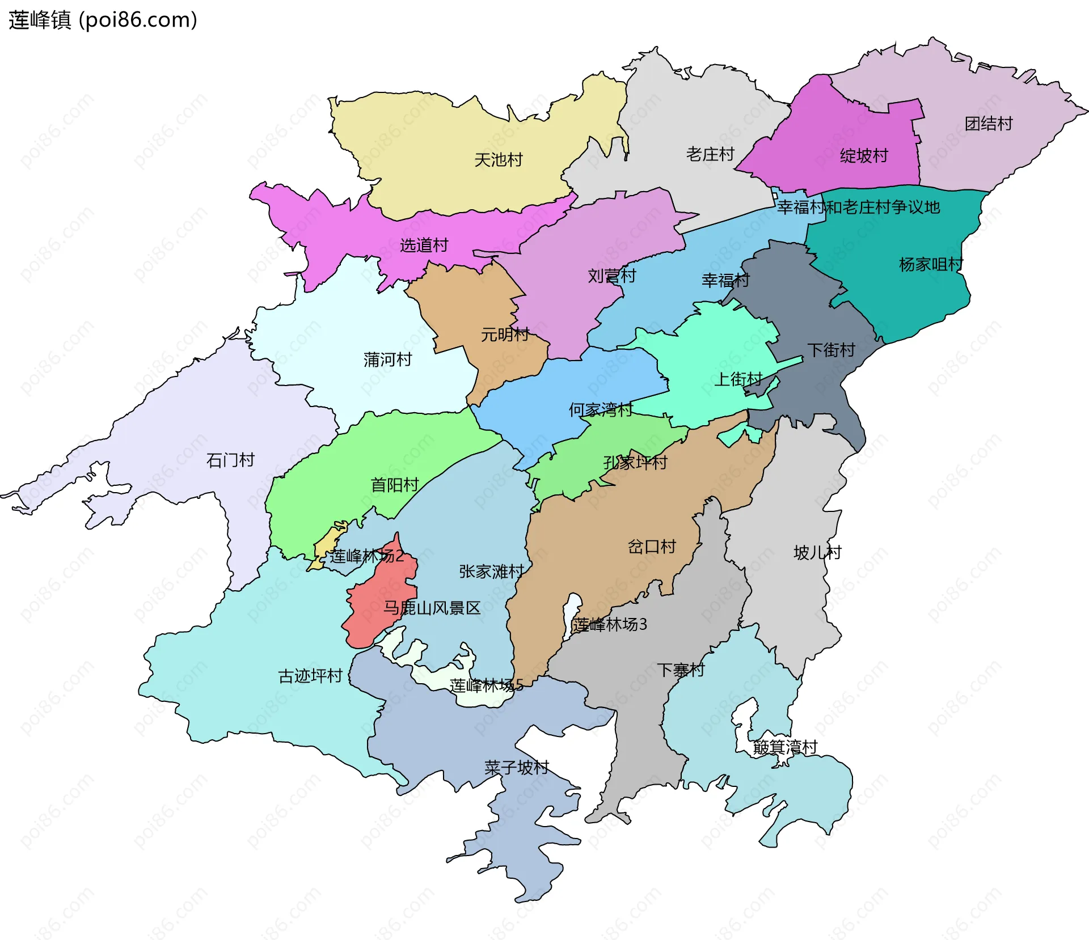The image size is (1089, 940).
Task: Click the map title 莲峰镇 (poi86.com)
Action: coord(103,20)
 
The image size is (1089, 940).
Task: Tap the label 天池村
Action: coord(498,160)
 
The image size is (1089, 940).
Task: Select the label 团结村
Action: coord(989,124)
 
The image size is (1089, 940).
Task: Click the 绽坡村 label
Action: coord(863,155)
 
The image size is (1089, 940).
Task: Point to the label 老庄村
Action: coord(710,154)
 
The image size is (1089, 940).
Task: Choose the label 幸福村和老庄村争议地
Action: coord(858,207)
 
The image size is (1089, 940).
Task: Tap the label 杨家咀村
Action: coord(931,264)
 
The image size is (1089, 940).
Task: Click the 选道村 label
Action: coord(424,245)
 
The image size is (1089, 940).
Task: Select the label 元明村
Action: coord(505,334)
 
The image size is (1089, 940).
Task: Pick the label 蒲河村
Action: coord(387,359)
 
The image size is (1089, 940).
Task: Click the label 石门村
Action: coord(230,460)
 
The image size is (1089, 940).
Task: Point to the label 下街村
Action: coord(831,350)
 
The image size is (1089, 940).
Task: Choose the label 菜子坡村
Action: coord(516,768)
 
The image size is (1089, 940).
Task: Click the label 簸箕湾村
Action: coord(785,747)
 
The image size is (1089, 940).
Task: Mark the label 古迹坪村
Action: coord(310,676)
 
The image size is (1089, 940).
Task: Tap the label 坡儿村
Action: coord(817,552)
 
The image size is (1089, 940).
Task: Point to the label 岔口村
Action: coord(652,547)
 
